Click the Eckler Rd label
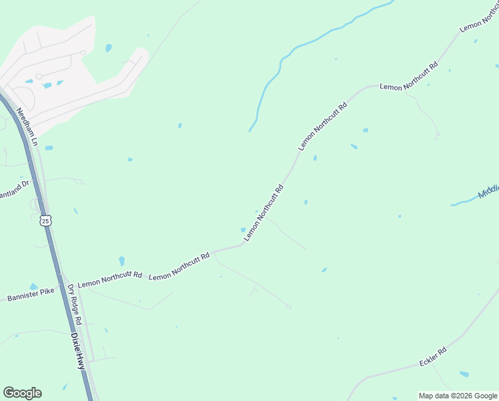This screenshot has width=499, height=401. tap(432, 356)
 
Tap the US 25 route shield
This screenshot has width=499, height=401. tap(45, 220)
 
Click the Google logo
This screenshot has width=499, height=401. tap(22, 393)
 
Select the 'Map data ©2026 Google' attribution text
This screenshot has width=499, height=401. tap(457, 396)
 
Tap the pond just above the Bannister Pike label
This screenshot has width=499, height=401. tap(33, 287)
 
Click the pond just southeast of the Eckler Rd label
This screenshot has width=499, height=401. tap(464, 374)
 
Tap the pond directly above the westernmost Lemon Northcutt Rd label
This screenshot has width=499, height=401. tap(121, 260)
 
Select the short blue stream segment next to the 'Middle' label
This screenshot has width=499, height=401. tap(462, 202)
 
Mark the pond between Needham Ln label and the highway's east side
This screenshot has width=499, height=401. tap(49, 147)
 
